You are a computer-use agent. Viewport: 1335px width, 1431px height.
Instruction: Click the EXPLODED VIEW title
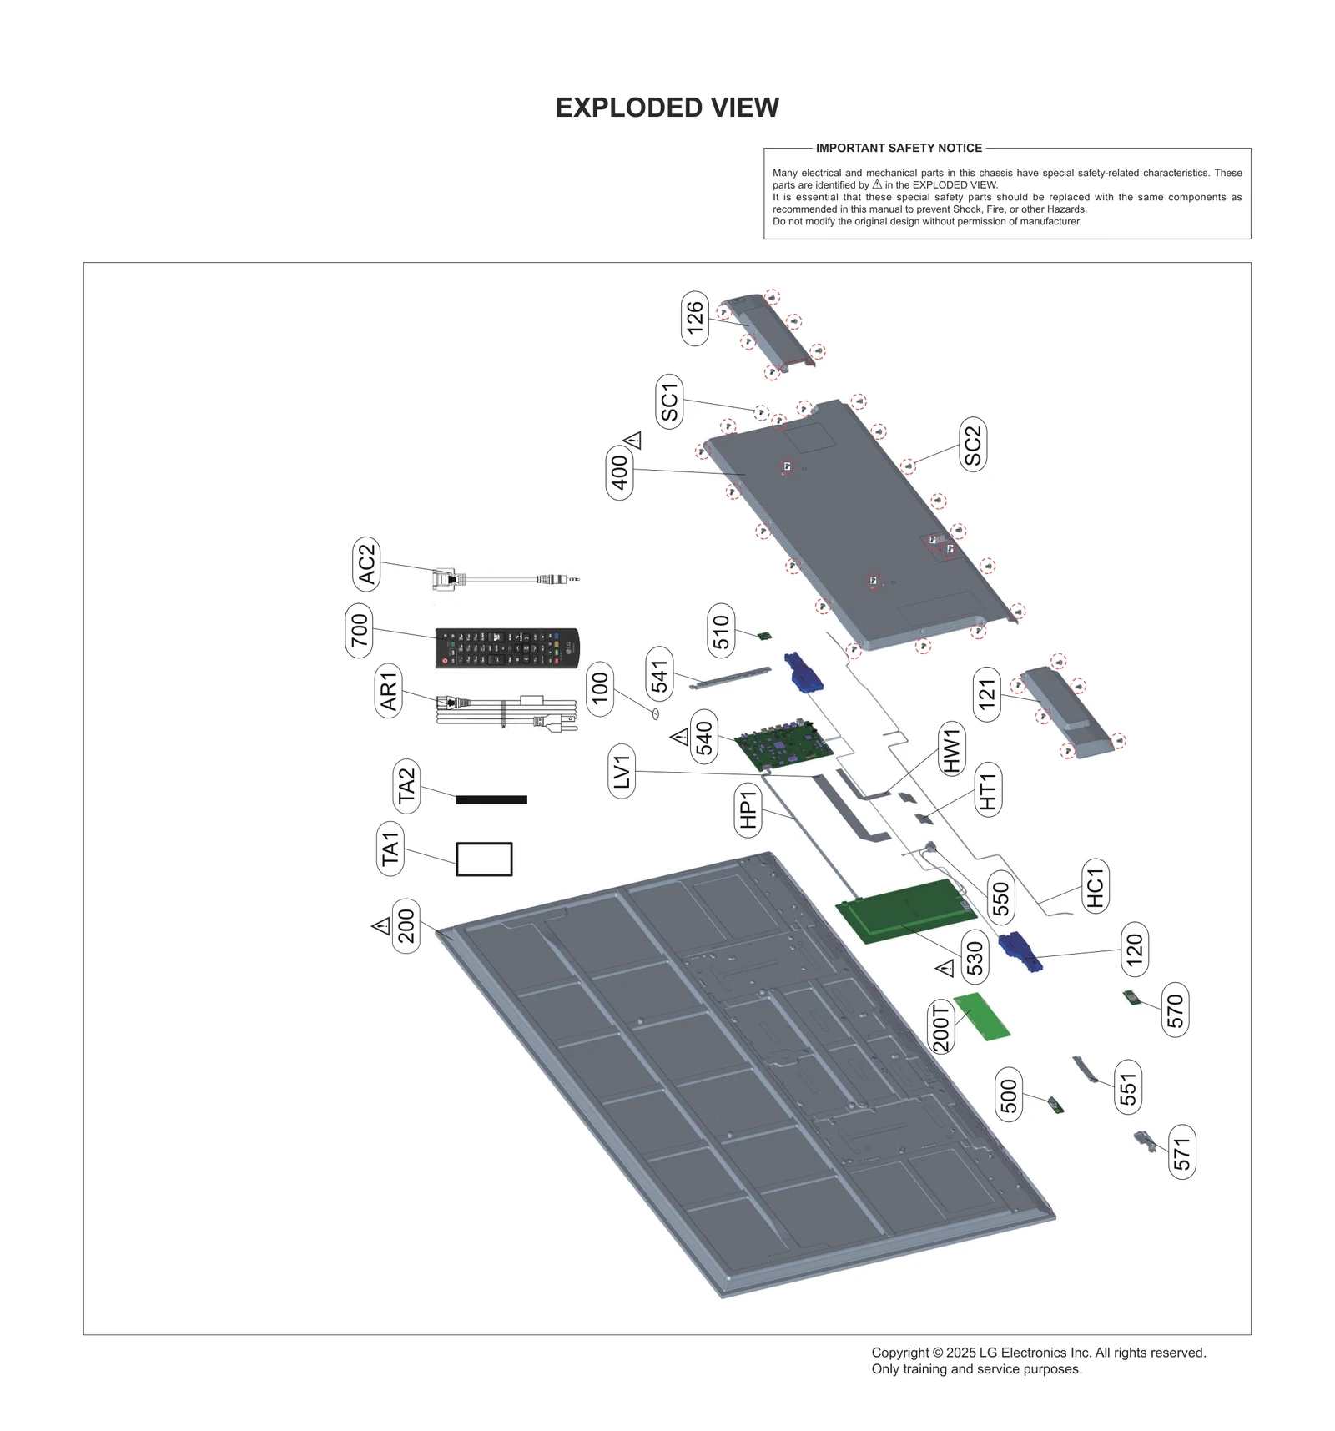(x=667, y=108)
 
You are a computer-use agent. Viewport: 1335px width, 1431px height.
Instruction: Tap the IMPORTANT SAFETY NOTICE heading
(x=899, y=148)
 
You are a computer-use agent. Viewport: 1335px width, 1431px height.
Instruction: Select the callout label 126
(x=694, y=318)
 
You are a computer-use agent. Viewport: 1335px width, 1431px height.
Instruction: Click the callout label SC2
(x=973, y=445)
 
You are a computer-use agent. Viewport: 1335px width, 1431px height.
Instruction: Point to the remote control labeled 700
(x=506, y=648)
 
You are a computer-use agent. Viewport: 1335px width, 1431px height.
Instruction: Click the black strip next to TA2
(x=491, y=799)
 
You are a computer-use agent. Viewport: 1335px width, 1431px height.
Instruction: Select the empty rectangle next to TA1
(x=484, y=859)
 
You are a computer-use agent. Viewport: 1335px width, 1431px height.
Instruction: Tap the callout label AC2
(x=366, y=564)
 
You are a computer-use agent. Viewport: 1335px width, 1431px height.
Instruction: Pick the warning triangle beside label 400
(x=634, y=440)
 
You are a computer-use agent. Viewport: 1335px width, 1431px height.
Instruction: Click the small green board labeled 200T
(x=982, y=1016)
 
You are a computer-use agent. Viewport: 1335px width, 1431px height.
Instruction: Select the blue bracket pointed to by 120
(x=1020, y=952)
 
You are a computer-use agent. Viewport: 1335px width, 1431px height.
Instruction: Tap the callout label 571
(x=1181, y=1152)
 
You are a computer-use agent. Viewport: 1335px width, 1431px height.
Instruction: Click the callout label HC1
(x=1095, y=886)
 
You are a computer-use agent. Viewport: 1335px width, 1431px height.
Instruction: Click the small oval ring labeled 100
(x=656, y=713)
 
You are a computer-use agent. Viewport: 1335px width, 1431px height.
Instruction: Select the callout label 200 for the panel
(x=406, y=926)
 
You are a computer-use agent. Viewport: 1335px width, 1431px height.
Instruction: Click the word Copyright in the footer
(x=899, y=1353)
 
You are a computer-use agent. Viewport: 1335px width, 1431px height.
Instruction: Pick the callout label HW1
(x=952, y=749)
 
